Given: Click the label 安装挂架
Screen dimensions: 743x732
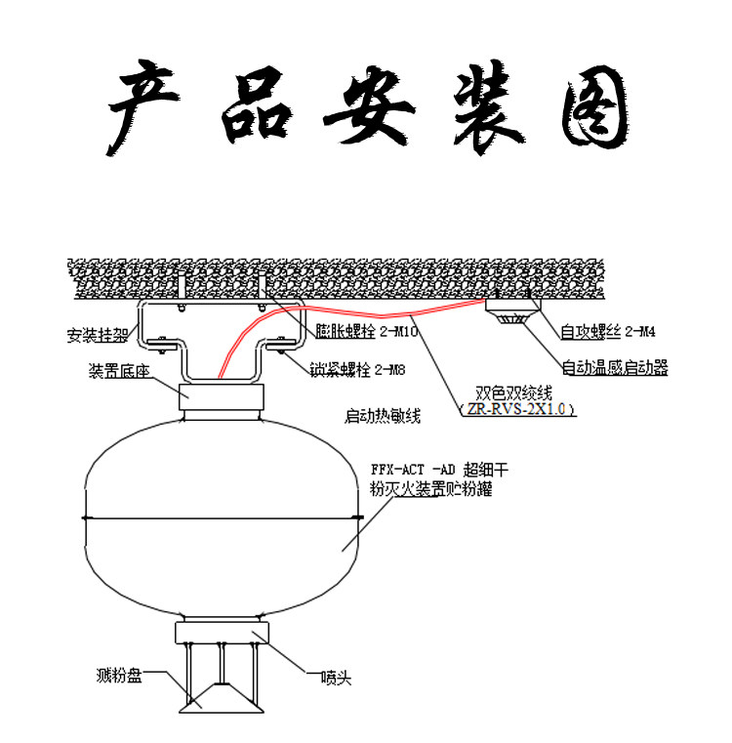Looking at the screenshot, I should [x=97, y=336].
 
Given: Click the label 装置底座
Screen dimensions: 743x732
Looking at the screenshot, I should [x=119, y=371].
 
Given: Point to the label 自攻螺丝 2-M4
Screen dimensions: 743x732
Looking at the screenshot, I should [x=607, y=331].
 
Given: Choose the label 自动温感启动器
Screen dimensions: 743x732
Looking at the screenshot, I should [x=615, y=368].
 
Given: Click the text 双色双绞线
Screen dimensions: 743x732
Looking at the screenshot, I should [x=513, y=392].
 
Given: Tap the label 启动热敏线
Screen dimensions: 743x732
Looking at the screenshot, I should [x=383, y=417].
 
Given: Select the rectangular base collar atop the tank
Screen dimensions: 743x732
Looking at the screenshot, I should [x=223, y=398].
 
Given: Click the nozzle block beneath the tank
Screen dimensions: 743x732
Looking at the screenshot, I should [x=223, y=633].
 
